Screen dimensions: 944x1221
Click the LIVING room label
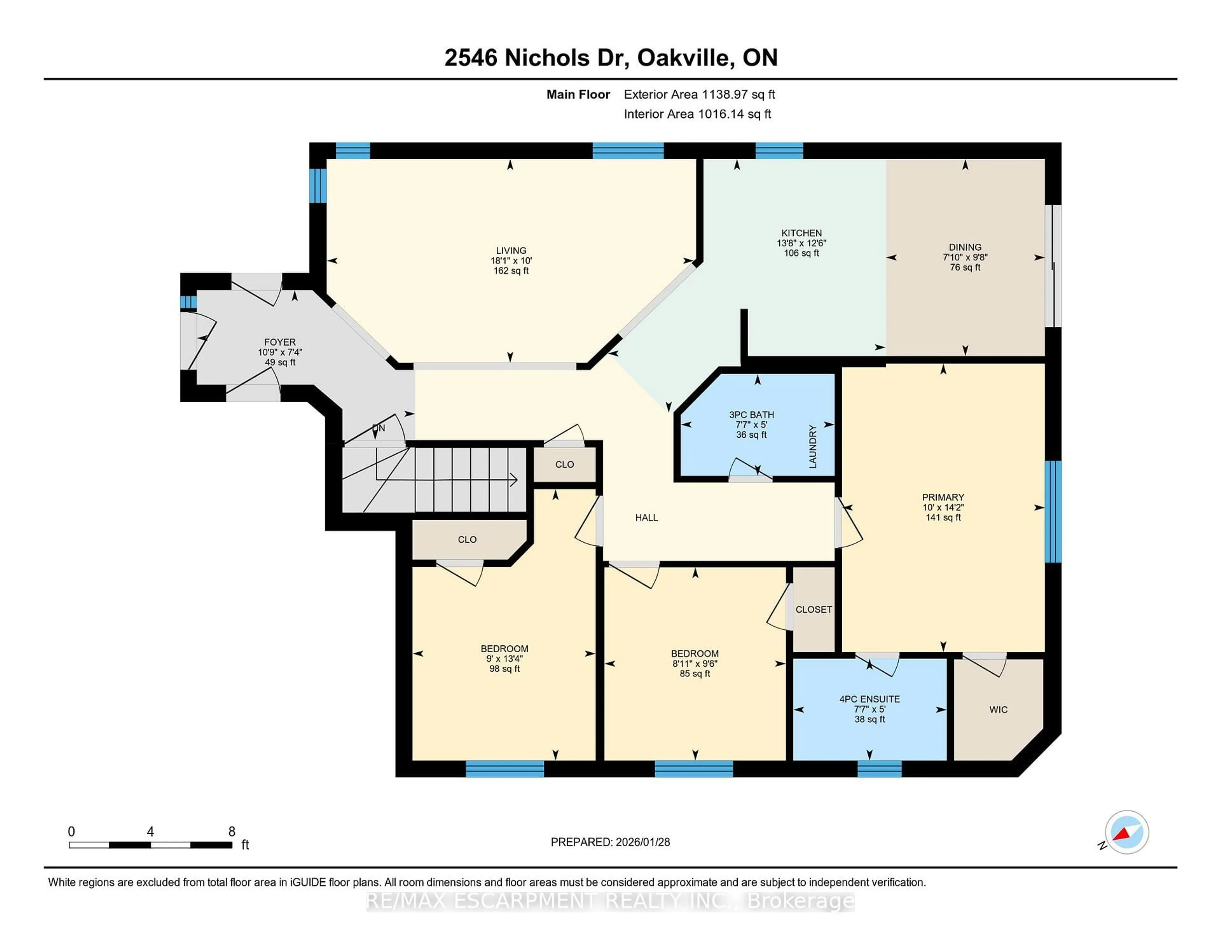pyautogui.click(x=510, y=251)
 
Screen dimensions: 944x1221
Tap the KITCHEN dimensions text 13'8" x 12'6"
pyautogui.click(x=801, y=243)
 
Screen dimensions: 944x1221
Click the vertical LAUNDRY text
pyautogui.click(x=813, y=446)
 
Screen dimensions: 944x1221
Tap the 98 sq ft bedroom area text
pyautogui.click(x=504, y=669)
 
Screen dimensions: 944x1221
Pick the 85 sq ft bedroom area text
pyautogui.click(x=694, y=674)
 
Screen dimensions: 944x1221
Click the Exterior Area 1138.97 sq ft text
pyautogui.click(x=699, y=94)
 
